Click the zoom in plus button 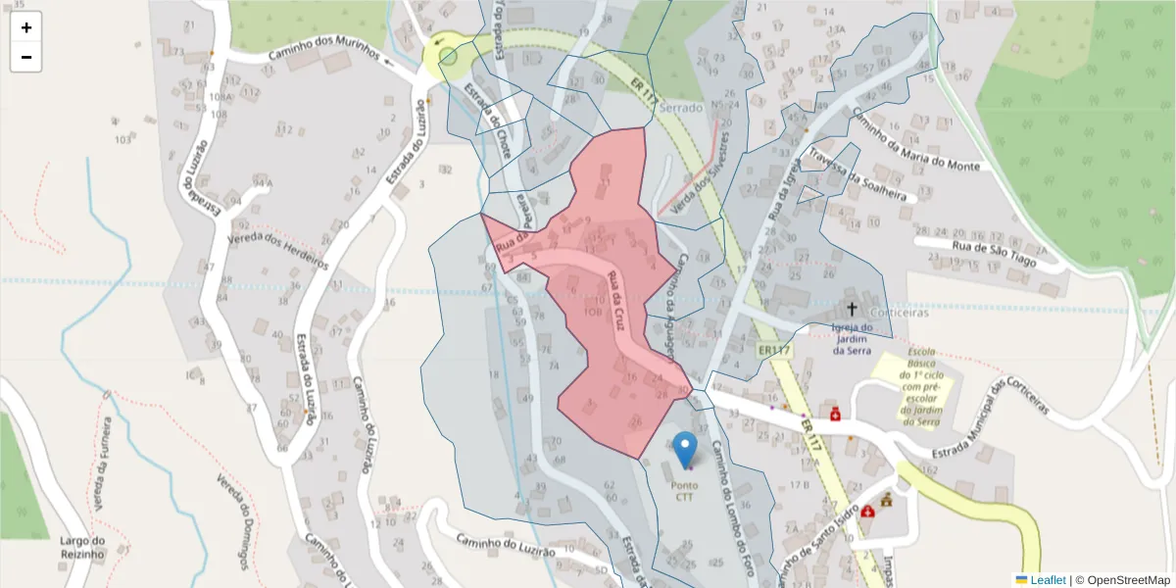pos(26,27)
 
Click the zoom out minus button pos(26,57)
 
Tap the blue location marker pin pos(686,449)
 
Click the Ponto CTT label pos(685,490)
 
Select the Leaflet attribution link pos(1047,580)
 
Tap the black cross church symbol pos(851,307)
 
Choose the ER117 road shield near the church pos(773,350)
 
